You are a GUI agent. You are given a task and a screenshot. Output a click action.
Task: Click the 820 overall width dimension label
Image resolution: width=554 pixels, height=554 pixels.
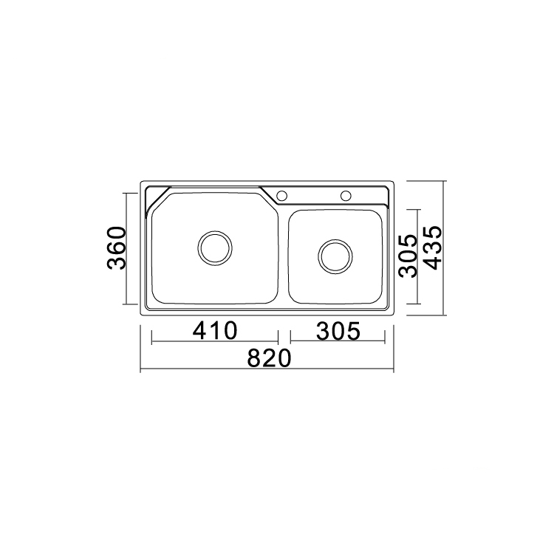pos(269,358)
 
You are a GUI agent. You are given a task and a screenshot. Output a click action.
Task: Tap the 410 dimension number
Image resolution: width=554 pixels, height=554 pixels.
pos(215,331)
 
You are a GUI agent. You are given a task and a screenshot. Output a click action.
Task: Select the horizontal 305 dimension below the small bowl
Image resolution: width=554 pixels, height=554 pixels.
pos(338,331)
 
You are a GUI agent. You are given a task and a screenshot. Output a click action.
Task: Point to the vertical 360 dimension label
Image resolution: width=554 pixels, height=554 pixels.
pos(117,248)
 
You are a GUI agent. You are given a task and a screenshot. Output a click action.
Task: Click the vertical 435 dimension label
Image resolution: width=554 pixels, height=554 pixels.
pos(433,247)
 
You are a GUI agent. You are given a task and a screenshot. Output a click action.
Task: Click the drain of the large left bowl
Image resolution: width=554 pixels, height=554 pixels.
pos(215,248)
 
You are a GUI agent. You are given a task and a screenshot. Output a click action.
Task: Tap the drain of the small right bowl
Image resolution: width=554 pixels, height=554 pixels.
pos(335,256)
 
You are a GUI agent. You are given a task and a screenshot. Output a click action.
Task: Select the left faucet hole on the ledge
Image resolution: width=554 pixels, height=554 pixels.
pos(281,196)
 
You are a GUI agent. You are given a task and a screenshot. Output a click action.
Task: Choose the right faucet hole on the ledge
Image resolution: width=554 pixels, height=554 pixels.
pos(346,196)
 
